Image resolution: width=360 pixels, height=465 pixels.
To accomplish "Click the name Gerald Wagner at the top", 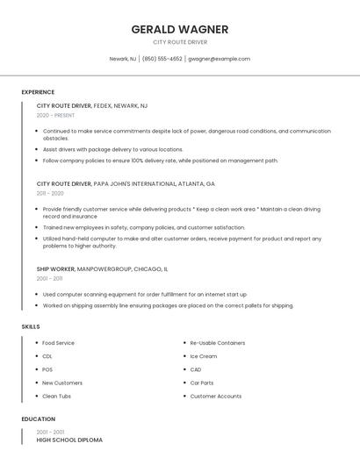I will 179,29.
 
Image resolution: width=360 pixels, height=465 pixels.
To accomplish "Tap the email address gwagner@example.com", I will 219,59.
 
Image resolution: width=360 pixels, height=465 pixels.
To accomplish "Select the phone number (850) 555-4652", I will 162,59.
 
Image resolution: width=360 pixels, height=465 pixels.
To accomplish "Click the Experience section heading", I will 38,92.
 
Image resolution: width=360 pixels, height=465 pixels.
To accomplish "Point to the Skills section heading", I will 31,326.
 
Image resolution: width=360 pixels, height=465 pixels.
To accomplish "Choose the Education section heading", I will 39,419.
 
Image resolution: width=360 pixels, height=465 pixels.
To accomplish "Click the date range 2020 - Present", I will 55,115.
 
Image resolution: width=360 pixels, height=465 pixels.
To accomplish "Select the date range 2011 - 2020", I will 50,193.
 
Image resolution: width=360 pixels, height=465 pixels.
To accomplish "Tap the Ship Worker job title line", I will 102,268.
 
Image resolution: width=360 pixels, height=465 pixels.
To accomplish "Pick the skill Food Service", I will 58,343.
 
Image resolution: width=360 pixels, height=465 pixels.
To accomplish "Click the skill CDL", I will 47,356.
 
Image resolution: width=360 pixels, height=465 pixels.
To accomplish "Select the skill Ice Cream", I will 203,356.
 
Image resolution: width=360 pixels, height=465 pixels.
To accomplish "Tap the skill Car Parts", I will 202,383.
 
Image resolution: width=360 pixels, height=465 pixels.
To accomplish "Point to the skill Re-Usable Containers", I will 218,343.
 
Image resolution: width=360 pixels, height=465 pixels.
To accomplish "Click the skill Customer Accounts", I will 215,396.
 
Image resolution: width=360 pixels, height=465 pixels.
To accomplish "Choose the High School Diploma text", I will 69,440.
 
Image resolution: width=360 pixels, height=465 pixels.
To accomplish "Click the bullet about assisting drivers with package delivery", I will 112,150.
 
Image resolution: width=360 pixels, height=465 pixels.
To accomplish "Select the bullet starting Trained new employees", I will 143,227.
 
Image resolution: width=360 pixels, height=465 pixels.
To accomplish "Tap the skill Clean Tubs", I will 56,396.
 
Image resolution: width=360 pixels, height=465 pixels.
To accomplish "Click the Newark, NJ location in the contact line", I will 122,59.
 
